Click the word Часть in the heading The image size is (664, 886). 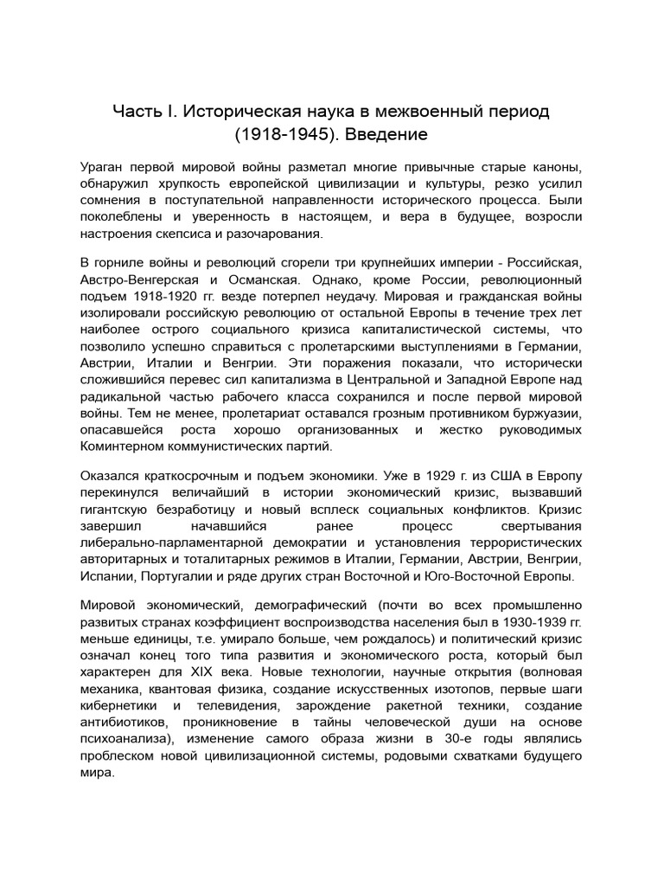click(139, 112)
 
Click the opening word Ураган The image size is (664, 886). click(103, 167)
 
